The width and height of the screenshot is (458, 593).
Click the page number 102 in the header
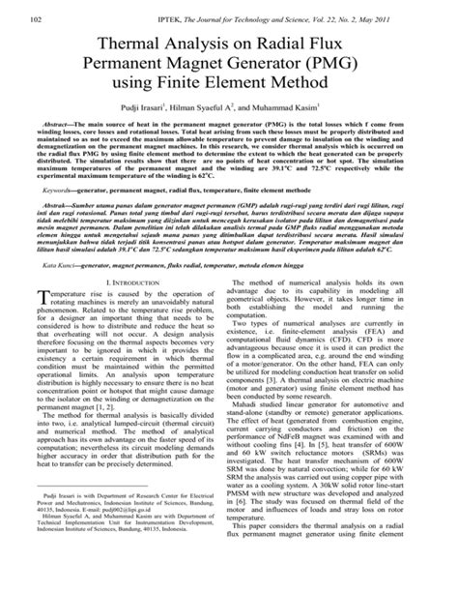[39, 19]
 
